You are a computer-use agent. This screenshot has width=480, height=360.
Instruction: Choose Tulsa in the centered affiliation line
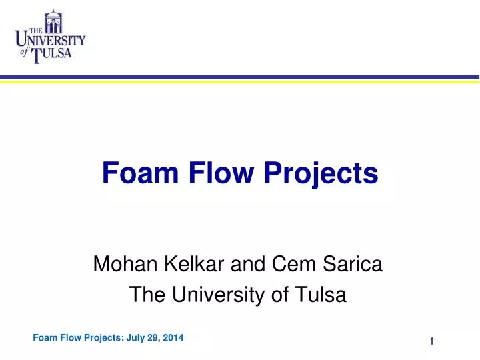click(321, 294)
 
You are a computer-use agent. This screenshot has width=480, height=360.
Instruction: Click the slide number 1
click(431, 342)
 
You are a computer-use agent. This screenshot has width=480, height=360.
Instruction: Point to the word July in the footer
click(137, 337)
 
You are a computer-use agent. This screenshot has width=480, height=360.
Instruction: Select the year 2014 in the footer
click(172, 337)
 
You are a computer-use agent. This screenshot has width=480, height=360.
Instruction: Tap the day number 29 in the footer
click(154, 337)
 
